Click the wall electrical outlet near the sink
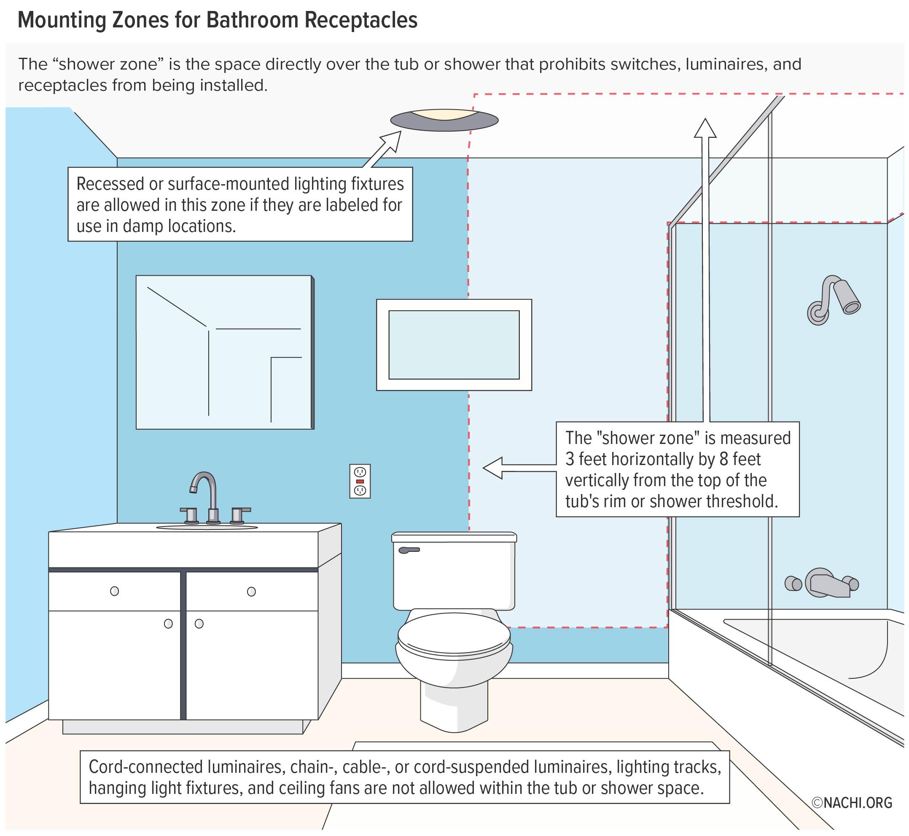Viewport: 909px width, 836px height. click(360, 481)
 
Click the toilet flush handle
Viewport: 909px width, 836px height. click(409, 550)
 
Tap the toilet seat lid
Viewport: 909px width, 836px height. click(454, 633)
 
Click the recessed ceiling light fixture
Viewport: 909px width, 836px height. click(444, 120)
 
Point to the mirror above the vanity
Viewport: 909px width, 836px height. click(224, 352)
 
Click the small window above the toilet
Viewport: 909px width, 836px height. click(454, 345)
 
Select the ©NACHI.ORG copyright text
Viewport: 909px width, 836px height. click(852, 803)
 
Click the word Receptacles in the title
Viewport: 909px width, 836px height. click(361, 20)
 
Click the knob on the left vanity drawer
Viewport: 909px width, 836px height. click(115, 591)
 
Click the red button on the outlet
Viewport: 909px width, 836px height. click(360, 481)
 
